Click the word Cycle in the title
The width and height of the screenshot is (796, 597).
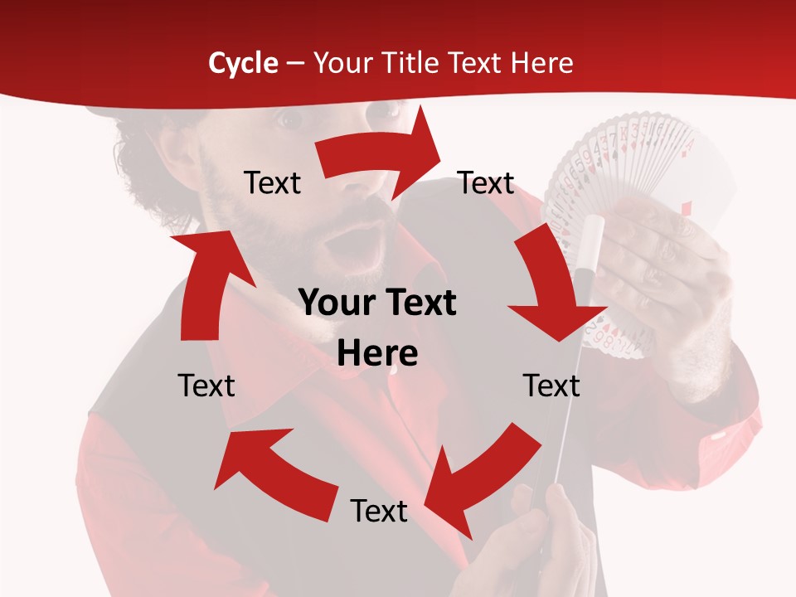point(243,63)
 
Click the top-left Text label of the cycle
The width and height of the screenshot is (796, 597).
point(273,183)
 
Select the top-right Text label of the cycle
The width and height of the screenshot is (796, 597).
point(486,183)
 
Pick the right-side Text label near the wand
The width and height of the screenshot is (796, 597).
point(551,386)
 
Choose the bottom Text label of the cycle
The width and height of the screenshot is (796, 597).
point(379,511)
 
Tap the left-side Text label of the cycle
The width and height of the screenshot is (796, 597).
point(206,386)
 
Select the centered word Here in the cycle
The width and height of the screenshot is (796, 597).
point(377,354)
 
